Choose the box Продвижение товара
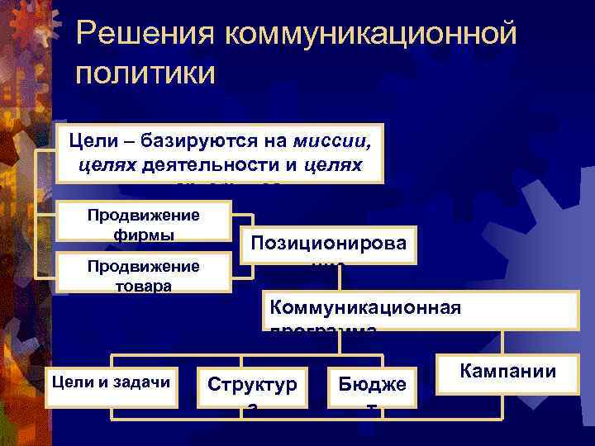[x=143, y=274]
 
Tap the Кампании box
[x=507, y=369]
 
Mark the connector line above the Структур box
[x=240, y=362]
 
